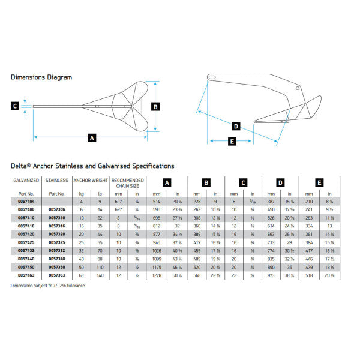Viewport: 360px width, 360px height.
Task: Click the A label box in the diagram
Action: coord(92,137)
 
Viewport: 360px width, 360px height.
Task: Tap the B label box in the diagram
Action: coord(155,107)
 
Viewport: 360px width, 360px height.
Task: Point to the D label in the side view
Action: coord(236,127)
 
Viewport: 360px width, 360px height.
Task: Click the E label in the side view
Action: coord(232,142)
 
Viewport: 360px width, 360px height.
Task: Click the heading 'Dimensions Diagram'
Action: coord(41,77)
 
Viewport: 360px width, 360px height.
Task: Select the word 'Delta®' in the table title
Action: coord(23,166)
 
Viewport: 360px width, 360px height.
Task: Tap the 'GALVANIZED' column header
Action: coord(26,180)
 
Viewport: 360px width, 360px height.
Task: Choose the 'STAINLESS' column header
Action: coord(57,180)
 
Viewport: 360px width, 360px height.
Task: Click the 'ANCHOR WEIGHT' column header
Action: coord(91,180)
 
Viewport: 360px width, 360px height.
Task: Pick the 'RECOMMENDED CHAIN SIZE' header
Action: coord(127,183)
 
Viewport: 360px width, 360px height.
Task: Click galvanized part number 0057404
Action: coord(26,202)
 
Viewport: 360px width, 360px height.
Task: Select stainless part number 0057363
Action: coord(57,275)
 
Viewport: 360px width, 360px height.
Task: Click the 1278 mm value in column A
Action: coord(157,275)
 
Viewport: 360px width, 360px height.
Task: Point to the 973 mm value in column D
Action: coord(271,275)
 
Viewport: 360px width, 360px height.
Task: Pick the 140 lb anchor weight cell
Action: coord(100,275)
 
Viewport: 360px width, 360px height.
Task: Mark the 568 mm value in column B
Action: coord(196,275)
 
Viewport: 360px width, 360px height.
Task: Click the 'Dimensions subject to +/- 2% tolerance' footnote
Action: coord(47,285)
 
